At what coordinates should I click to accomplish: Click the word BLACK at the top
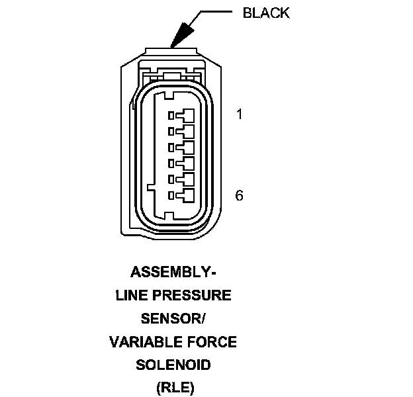pyautogui.click(x=267, y=13)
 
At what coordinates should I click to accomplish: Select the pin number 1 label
pyautogui.click(x=240, y=114)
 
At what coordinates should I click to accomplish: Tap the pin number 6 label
pyautogui.click(x=240, y=195)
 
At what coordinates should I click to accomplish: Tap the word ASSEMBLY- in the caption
pyautogui.click(x=173, y=272)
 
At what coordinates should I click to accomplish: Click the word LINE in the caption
pyautogui.click(x=130, y=296)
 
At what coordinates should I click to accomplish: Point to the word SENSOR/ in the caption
pyautogui.click(x=173, y=319)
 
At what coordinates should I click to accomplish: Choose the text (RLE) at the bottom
pyautogui.click(x=173, y=387)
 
